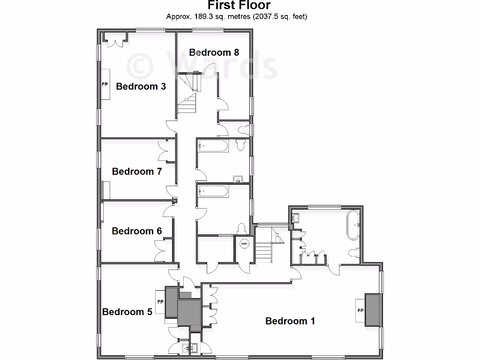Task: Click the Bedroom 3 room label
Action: tap(141, 86)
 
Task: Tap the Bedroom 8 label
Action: tap(214, 52)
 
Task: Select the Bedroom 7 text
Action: tap(137, 172)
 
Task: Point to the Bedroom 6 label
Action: tap(137, 231)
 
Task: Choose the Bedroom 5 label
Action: tap(127, 312)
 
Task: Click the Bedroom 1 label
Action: tap(290, 321)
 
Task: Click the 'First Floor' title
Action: tap(239, 6)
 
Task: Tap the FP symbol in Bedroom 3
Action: tap(105, 85)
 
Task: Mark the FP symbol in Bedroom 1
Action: tap(360, 311)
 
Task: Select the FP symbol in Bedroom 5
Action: tap(160, 302)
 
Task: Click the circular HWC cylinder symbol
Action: tap(244, 244)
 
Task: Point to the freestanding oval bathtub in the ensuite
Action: tap(353, 225)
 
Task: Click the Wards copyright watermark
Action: tap(202, 66)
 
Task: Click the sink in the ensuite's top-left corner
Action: tap(296, 217)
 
